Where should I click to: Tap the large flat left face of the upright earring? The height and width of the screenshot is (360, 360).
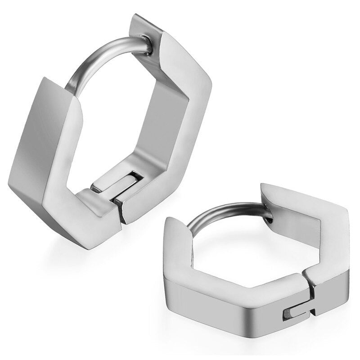point(43,144)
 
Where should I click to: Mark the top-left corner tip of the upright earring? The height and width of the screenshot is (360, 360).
point(45,81)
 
